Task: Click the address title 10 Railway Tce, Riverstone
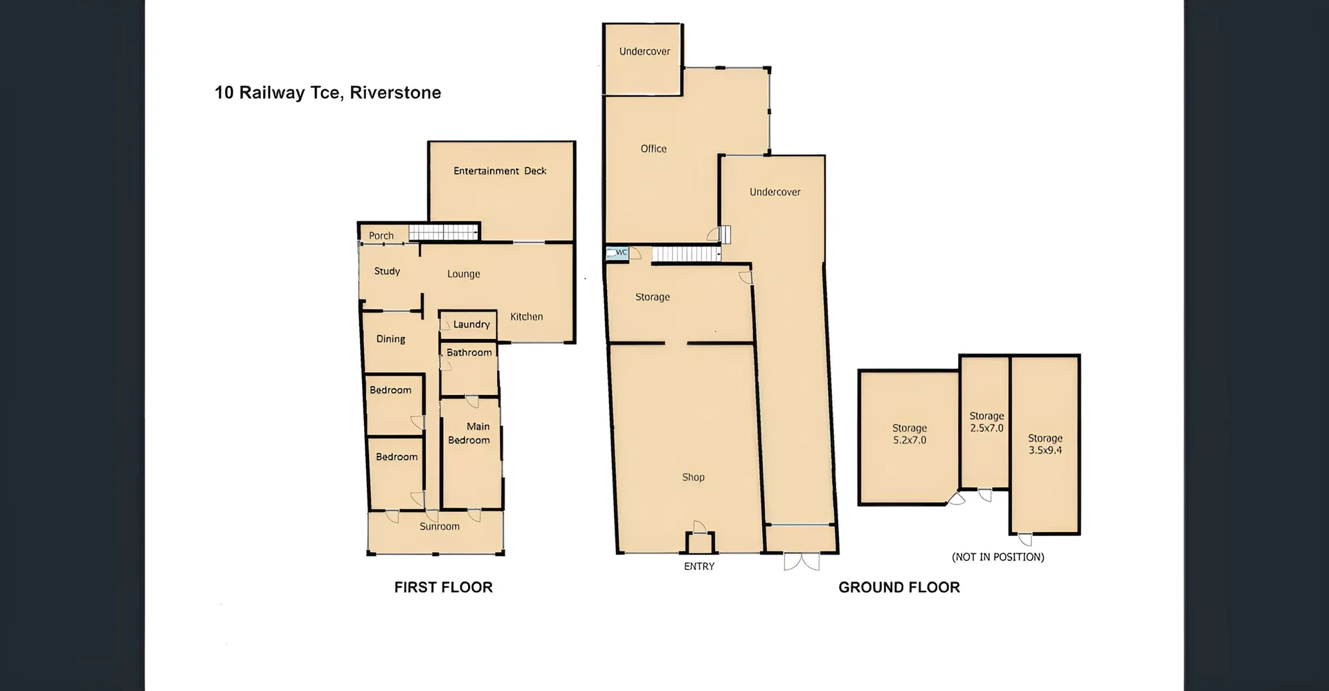pos(327,93)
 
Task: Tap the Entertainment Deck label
pos(500,171)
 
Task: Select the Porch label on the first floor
pos(381,236)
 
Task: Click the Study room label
pos(387,271)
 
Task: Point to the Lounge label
pos(463,274)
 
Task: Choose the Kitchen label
pos(526,317)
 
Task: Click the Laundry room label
pos(471,324)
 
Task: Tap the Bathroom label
pos(469,353)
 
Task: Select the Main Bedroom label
pos(469,433)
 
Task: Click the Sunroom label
pos(439,526)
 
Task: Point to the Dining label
pos(390,339)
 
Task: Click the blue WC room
pos(615,252)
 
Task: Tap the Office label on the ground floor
pos(653,149)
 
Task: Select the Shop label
pos(693,477)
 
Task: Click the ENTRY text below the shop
pos(699,566)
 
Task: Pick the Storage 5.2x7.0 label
pos(909,434)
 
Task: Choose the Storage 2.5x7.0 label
pos(986,422)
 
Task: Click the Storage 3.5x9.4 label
pos(1045,444)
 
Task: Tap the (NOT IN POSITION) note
pos(997,557)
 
